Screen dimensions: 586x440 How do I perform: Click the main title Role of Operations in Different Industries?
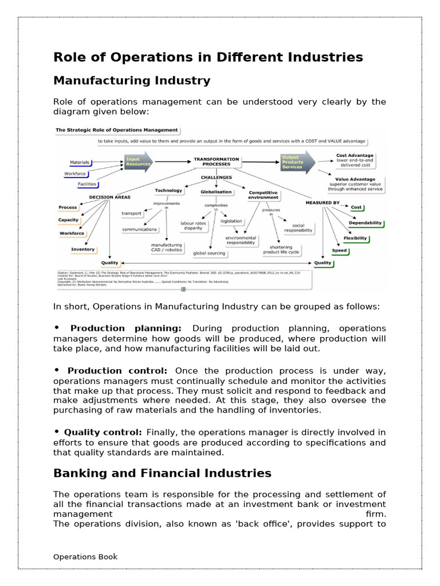tap(208, 57)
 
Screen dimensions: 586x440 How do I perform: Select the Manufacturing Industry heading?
tap(132, 81)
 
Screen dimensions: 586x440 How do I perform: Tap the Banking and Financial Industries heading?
tap(162, 473)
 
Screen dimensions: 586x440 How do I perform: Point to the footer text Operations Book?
tap(85, 556)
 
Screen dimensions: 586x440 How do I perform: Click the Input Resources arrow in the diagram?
tap(138, 161)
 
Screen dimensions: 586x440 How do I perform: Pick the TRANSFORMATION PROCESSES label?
tap(216, 161)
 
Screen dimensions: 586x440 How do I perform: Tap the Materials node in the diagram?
tap(80, 163)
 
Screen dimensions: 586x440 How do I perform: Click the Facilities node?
tap(87, 184)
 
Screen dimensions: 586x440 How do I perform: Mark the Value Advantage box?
tap(355, 183)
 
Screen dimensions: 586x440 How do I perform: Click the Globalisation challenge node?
tap(216, 192)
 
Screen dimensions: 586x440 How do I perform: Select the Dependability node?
tap(365, 223)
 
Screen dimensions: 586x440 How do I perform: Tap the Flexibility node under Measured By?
tap(355, 237)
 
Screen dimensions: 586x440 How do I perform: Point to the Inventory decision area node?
tap(83, 250)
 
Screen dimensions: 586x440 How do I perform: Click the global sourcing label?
tap(209, 252)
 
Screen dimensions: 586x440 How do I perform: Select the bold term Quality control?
tap(103, 432)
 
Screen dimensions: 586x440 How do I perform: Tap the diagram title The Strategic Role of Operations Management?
tap(116, 130)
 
